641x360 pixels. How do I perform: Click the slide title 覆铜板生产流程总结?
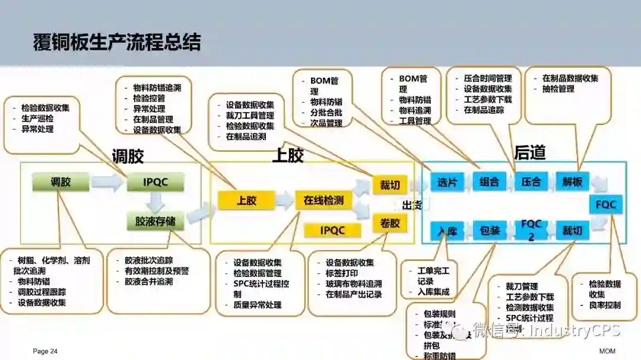tap(117, 43)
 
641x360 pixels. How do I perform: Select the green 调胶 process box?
tap(61, 181)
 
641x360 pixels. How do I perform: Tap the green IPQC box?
tap(156, 182)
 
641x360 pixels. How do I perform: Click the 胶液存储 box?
tap(156, 222)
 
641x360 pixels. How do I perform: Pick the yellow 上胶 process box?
tap(246, 200)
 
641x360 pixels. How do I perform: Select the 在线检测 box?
tap(323, 200)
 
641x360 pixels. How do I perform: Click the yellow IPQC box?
tap(332, 230)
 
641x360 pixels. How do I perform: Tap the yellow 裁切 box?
tap(389, 185)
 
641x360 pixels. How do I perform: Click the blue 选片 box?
tap(446, 181)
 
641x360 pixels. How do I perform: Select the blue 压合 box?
tap(531, 181)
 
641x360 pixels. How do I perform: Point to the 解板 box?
tap(572, 181)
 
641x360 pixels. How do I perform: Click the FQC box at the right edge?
tap(606, 205)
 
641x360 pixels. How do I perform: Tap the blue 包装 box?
tap(489, 230)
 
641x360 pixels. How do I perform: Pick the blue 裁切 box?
tap(572, 230)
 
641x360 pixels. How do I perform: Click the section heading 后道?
tap(529, 153)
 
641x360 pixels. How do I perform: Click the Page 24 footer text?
tap(45, 351)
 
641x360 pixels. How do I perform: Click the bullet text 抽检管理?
tap(558, 89)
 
